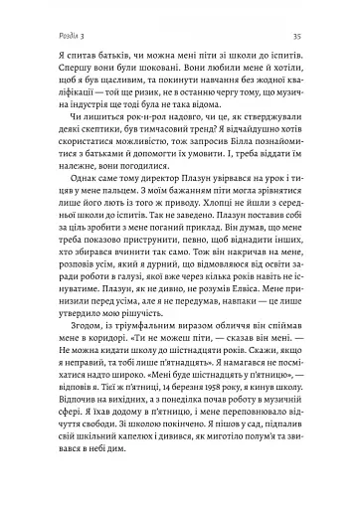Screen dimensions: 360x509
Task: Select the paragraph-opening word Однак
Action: point(60,209)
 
